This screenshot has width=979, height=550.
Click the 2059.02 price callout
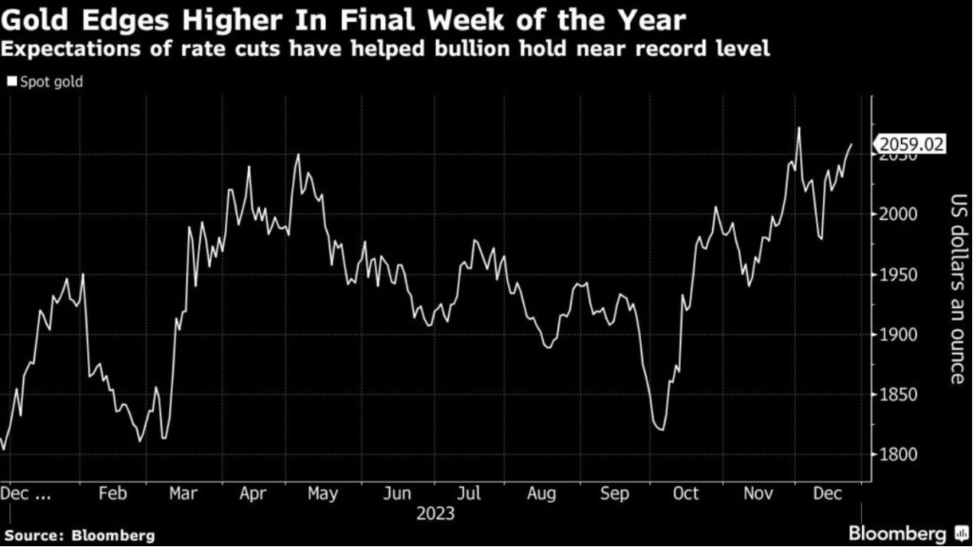pos(910,144)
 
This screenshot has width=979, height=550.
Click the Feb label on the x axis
pos(112,493)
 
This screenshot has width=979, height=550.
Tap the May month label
pos(323,493)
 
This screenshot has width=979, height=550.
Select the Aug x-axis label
pos(541,493)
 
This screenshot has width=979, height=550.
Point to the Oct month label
pos(685,493)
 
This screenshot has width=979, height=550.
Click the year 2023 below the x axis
pos(435,513)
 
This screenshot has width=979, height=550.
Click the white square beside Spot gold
pos(11,82)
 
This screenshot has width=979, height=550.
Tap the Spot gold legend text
pos(52,82)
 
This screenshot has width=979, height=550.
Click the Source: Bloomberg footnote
pos(80,535)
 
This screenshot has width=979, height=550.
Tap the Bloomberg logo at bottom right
pos(906,532)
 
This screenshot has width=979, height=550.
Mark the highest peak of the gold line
pos(798,128)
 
